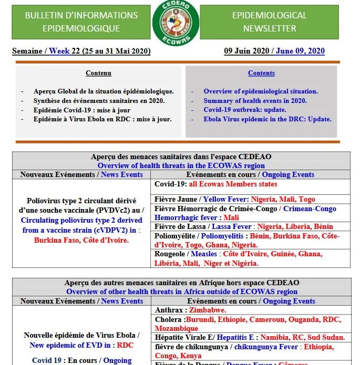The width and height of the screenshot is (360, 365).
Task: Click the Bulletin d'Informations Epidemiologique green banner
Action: point(81,22)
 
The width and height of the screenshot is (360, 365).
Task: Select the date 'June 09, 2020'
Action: point(300,51)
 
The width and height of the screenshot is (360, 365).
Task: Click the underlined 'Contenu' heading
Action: point(98,73)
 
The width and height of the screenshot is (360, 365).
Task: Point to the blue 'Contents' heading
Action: point(261,73)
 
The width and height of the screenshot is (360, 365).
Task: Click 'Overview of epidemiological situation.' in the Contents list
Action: point(261,91)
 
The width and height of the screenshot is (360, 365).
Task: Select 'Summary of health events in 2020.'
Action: point(255,101)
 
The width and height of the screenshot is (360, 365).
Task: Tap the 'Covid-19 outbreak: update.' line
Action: point(245,110)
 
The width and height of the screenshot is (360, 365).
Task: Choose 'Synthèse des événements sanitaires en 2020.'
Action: point(99,101)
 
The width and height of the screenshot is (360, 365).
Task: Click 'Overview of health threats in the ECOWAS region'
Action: point(181,165)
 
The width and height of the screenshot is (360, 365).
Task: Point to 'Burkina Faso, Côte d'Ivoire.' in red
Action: point(81,240)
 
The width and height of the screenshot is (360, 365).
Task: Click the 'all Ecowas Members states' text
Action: point(233,184)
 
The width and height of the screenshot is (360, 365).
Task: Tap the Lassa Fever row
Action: point(244,227)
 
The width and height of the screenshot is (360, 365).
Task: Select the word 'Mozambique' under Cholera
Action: point(177,328)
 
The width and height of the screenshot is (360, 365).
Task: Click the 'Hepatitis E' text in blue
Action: point(235,338)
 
